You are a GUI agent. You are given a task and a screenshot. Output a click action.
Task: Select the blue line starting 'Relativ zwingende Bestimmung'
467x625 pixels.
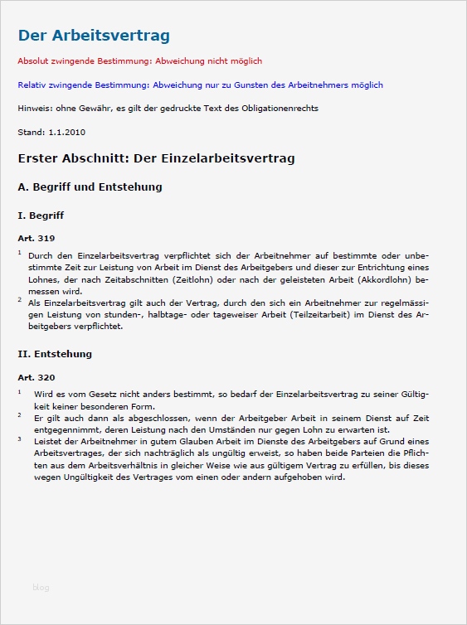200,85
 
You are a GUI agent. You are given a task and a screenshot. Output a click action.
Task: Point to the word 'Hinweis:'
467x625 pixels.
33,109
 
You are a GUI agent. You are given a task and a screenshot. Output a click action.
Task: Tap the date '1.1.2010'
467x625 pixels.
67,132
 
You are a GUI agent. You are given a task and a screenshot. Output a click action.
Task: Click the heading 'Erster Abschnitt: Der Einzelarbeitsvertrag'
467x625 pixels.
156,157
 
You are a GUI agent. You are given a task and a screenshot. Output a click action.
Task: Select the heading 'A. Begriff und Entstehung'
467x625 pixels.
90,187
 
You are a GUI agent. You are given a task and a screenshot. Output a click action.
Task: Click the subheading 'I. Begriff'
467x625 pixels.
41,216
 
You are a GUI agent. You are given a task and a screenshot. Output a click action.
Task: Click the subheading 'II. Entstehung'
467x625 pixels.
55,354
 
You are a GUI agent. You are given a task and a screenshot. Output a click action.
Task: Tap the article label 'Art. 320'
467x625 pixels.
36,377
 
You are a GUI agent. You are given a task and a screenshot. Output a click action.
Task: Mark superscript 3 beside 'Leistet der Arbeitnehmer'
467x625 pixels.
20,438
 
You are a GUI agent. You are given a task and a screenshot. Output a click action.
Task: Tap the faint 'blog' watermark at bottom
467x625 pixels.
41,588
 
